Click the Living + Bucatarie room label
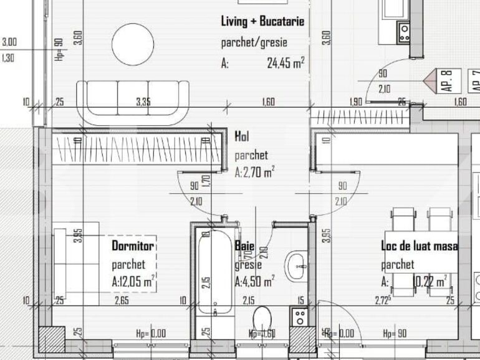point(262,22)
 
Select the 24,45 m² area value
point(286,62)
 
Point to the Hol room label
point(241,136)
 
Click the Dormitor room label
point(133,245)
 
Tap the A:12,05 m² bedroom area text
point(133,282)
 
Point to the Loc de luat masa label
point(419,247)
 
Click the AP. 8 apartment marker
point(446,82)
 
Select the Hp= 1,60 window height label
point(262,333)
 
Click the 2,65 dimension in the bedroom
point(122,301)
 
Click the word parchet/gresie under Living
point(254,43)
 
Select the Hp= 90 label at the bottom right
point(395,333)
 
